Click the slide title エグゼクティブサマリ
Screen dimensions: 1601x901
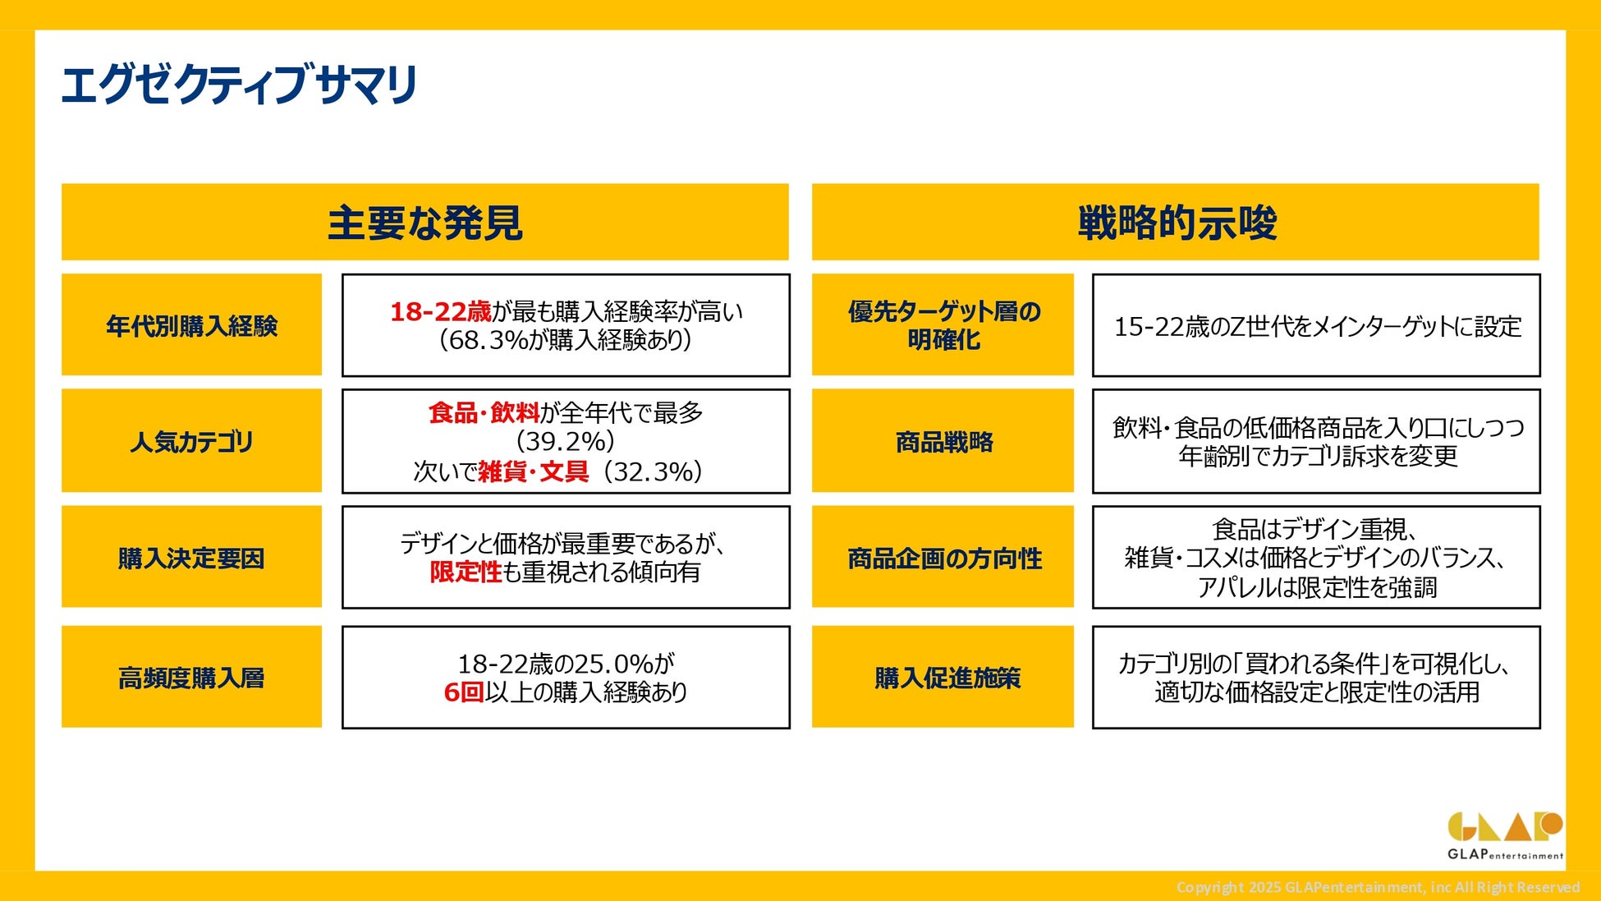239,85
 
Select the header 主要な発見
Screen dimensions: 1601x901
425,223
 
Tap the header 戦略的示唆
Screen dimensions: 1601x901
1177,223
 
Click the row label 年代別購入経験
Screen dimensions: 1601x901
191,326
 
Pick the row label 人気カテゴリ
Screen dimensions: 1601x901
191,442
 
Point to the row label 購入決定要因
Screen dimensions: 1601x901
191,559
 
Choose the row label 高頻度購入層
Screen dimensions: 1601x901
191,678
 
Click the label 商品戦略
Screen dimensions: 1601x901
944,442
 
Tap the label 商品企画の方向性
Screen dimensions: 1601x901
944,559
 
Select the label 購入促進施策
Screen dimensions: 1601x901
947,678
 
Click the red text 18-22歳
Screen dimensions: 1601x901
440,311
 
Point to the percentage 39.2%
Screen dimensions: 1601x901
566,442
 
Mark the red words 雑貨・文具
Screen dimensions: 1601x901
534,471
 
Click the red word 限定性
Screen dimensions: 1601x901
466,572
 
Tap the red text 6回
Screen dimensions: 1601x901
464,692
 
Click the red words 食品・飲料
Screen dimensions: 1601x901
484,412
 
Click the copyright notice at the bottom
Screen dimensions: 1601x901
1378,887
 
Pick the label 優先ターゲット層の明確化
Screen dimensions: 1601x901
944,325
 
